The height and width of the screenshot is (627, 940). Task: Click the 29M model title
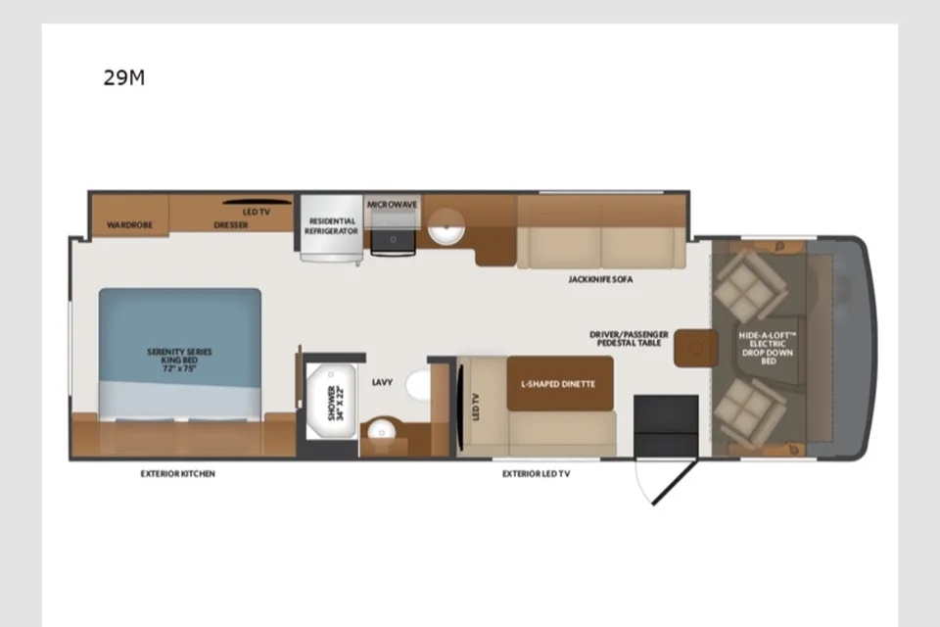point(124,78)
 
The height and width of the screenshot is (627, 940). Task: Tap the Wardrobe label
point(129,225)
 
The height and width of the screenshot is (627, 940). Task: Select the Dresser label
point(231,225)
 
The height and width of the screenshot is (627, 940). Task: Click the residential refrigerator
point(332,228)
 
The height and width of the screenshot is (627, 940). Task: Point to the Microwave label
point(392,205)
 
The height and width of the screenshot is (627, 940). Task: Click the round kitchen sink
point(446,227)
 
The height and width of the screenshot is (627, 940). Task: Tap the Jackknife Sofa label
point(600,279)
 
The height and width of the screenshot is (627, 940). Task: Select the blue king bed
point(180,354)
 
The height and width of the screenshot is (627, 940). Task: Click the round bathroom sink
point(381,430)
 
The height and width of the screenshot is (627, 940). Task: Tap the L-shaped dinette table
point(560,383)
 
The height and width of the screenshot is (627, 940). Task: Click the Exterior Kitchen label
point(177,473)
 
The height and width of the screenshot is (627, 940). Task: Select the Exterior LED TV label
point(536,473)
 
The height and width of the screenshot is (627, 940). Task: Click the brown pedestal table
point(696,348)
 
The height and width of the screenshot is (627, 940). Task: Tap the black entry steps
point(666,426)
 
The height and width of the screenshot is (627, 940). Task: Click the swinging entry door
point(675,482)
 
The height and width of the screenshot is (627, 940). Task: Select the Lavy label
point(382,382)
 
